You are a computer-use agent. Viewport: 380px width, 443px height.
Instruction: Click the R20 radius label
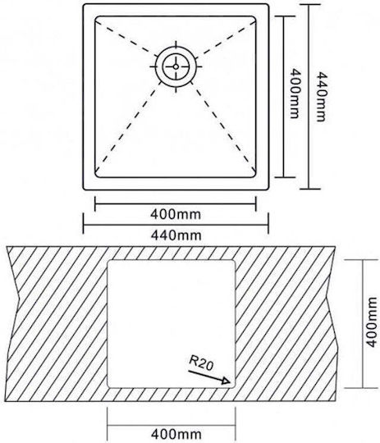[201, 363]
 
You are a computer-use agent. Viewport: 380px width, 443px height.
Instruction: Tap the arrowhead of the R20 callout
[227, 381]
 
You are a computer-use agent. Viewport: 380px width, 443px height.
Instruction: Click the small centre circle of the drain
[176, 66]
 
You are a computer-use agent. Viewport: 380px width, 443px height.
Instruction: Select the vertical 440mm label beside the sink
[321, 97]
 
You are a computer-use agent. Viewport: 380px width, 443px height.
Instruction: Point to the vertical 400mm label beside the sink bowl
[295, 93]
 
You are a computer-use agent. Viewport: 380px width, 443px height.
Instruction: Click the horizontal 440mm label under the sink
[176, 235]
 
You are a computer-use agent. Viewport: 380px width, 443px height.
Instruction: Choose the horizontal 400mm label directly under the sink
[176, 214]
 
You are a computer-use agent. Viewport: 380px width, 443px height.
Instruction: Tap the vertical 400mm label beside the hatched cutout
[372, 322]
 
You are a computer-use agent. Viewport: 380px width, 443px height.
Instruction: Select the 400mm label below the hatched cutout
[176, 434]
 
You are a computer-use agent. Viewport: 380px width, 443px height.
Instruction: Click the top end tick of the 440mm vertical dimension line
[309, 5]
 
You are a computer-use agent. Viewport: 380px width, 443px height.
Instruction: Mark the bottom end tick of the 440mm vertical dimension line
[310, 189]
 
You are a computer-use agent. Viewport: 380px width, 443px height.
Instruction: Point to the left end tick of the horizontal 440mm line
[84, 223]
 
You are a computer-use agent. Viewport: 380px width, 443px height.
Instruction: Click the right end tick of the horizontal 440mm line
[268, 223]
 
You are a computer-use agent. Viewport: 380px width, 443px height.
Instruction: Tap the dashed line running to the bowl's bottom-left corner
[127, 129]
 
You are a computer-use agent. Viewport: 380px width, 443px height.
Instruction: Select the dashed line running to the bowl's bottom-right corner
[225, 129]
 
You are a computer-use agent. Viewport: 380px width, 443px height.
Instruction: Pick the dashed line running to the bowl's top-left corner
[124, 37]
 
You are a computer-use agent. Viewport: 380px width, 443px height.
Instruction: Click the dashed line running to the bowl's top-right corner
[227, 38]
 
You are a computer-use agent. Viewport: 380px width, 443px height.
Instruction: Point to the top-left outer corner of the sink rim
[84, 5]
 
